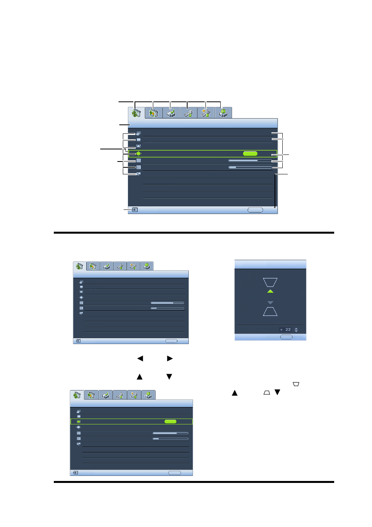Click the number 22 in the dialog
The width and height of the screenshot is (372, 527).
[x=288, y=330]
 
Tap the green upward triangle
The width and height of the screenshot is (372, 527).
[x=270, y=291]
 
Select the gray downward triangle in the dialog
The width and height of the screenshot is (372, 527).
[x=270, y=303]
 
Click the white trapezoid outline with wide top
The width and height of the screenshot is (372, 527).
[x=270, y=282]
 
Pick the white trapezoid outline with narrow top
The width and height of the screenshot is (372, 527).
[x=270, y=312]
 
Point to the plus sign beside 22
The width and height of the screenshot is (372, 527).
[x=281, y=330]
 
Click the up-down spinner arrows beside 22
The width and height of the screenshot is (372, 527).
[x=296, y=330]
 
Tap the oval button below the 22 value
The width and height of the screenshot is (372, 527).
[x=286, y=337]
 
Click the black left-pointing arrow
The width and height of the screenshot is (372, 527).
[x=140, y=358]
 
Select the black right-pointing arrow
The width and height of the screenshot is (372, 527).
[x=170, y=358]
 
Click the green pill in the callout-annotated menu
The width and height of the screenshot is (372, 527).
[x=250, y=153]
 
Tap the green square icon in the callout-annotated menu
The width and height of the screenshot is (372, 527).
[x=138, y=153]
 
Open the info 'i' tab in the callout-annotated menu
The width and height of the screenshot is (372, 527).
[x=223, y=113]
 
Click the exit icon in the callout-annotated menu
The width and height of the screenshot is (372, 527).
[x=135, y=209]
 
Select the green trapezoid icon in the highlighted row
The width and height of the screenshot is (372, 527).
[x=78, y=421]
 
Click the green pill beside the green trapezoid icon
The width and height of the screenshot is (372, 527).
[x=170, y=421]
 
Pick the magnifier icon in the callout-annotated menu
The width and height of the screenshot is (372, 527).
[x=138, y=174]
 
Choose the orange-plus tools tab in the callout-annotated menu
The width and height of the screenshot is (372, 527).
[x=206, y=113]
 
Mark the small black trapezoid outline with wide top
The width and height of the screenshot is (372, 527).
[x=296, y=384]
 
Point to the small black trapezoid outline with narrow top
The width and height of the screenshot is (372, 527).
[x=267, y=392]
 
